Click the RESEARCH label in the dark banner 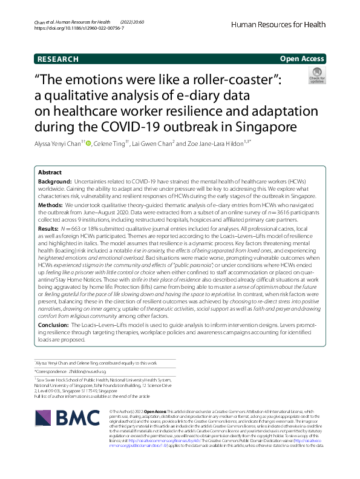57,59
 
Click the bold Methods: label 51,206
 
